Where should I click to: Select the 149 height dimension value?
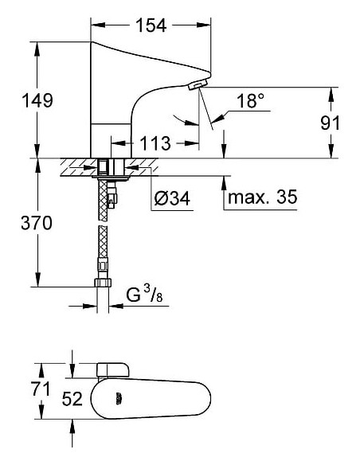pos(37,101)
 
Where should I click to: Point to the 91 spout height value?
pos(329,123)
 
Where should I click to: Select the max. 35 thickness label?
pos(262,197)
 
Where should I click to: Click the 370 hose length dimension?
pos(37,224)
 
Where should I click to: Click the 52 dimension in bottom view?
pos(73,400)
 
